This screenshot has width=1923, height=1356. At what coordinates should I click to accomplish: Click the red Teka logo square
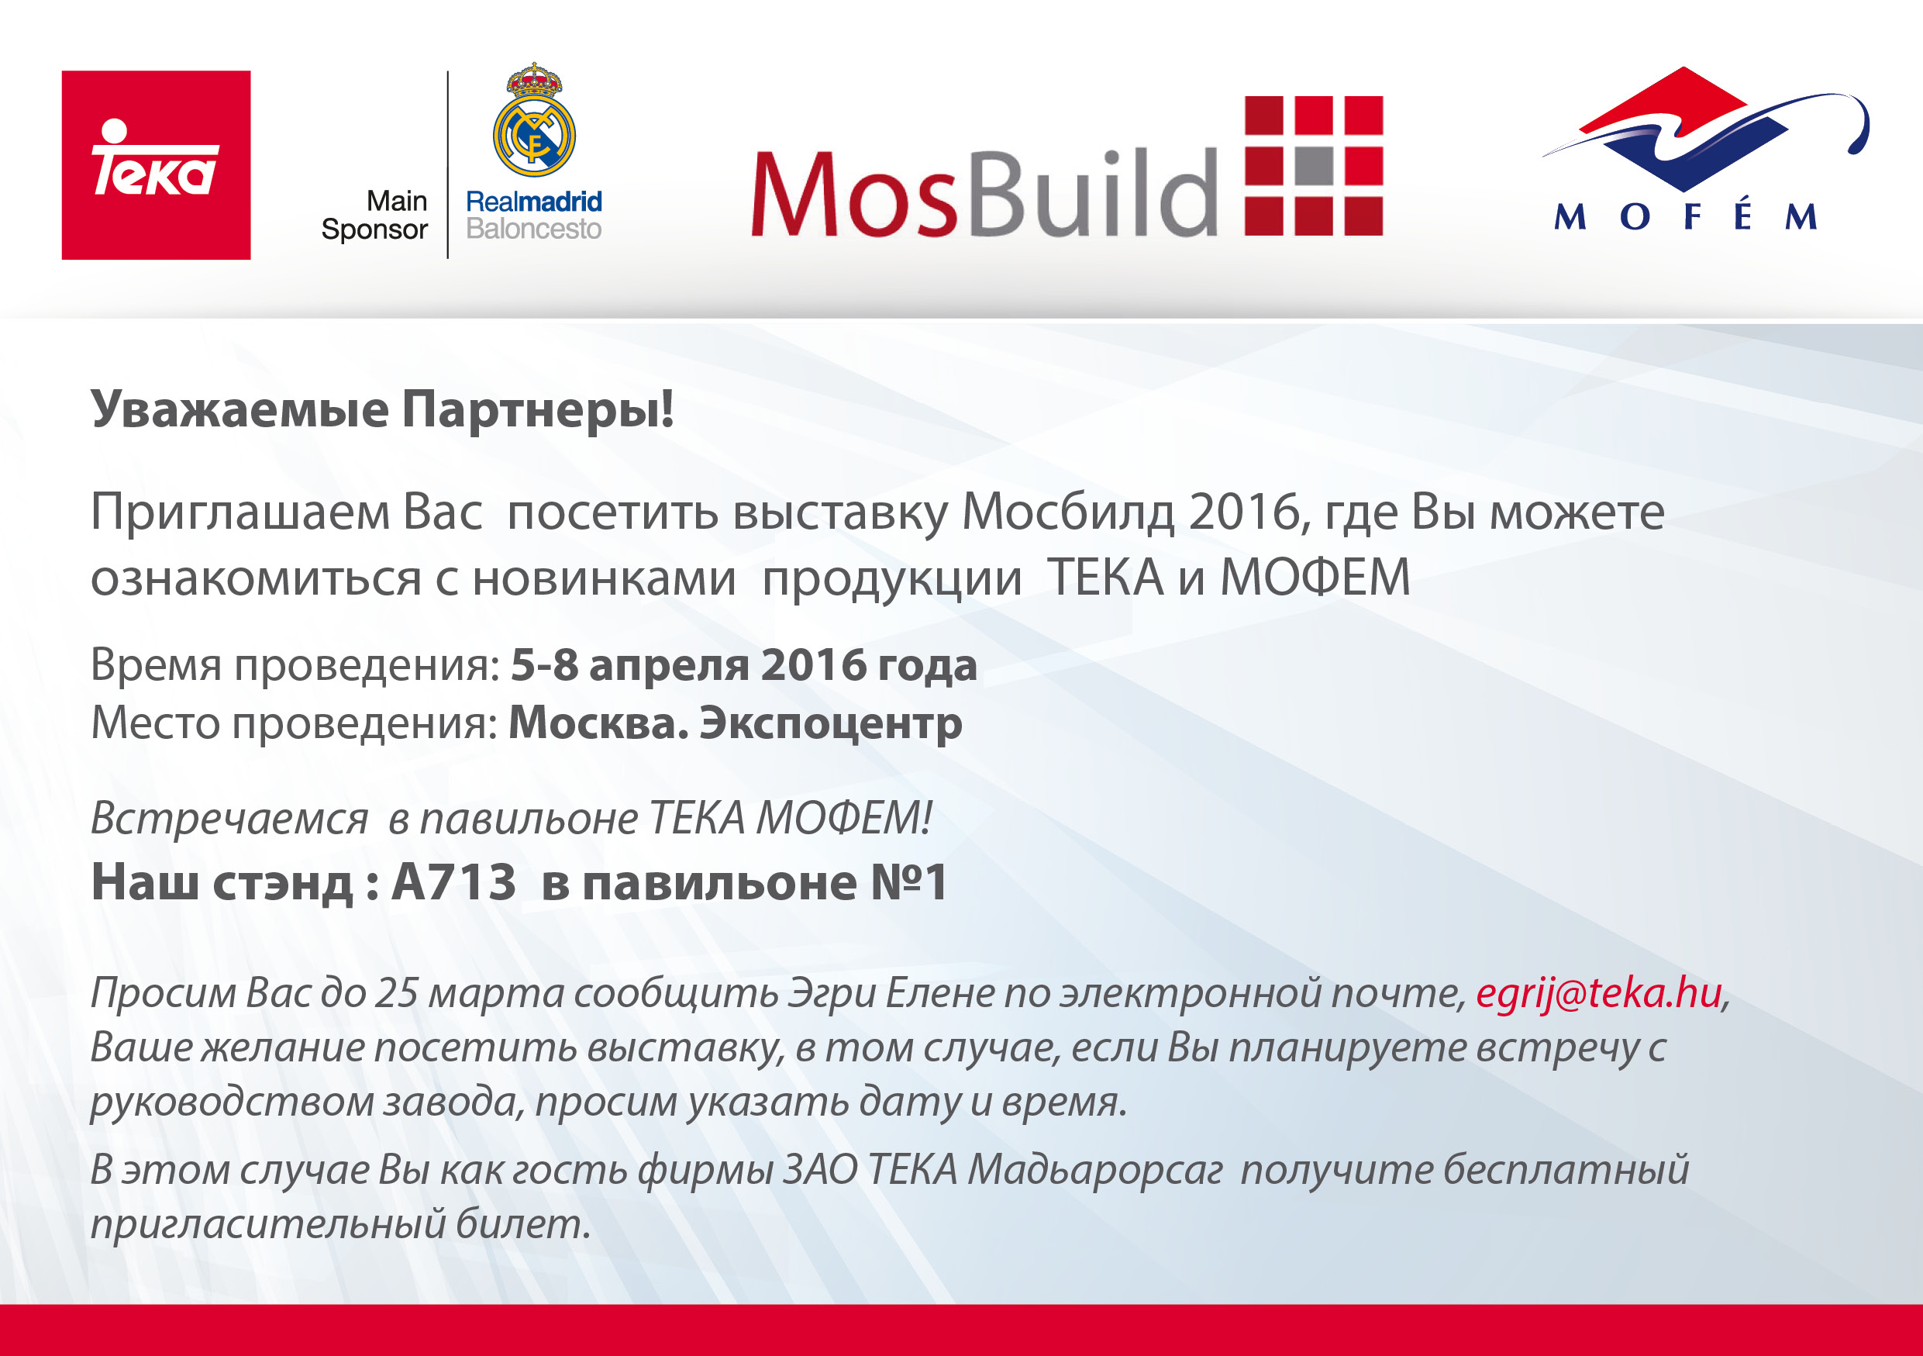(x=156, y=165)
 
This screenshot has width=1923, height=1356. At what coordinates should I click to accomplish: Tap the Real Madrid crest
(x=534, y=119)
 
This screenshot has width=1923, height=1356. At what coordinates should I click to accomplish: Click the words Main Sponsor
(x=374, y=216)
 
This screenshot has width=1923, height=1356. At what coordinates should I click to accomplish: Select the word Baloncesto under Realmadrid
(x=533, y=229)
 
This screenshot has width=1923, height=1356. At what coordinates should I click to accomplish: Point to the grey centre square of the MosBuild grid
(x=1314, y=166)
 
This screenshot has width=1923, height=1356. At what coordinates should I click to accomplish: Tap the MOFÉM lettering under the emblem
(x=1686, y=216)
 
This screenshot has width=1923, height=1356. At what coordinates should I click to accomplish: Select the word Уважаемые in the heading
(x=240, y=410)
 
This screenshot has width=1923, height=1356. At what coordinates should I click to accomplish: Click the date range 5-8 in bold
(x=544, y=665)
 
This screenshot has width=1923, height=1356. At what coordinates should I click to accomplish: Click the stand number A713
(x=454, y=882)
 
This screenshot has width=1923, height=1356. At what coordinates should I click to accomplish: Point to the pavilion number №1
(x=908, y=882)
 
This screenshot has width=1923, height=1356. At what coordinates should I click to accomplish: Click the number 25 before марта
(x=396, y=993)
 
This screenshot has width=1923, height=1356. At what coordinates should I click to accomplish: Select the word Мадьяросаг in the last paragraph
(x=1094, y=1171)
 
